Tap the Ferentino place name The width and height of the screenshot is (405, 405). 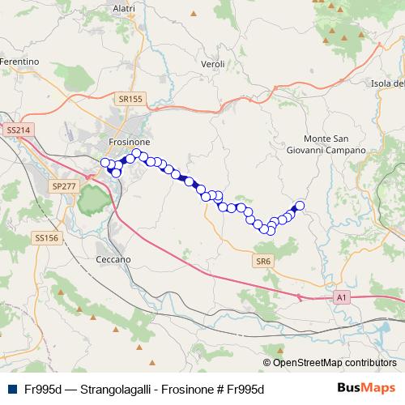click(x=19, y=62)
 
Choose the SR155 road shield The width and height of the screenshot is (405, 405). click(x=130, y=100)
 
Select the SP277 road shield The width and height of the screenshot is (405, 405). click(x=63, y=186)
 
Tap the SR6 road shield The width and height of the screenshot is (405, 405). click(x=263, y=261)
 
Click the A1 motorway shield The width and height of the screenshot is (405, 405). click(x=342, y=298)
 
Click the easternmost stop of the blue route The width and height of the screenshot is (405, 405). click(x=300, y=206)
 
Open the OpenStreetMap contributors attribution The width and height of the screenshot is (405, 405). click(x=334, y=362)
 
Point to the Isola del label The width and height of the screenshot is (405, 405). click(x=386, y=83)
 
